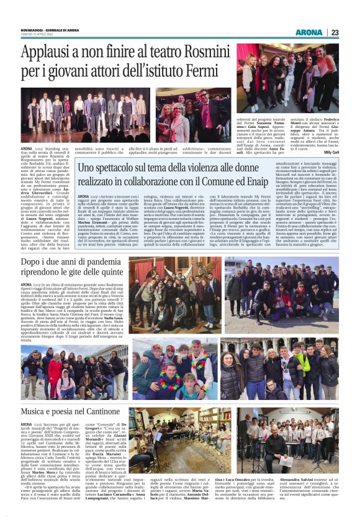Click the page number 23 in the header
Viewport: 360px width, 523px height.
[x=335, y=32]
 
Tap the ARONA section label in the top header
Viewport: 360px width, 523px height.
[x=308, y=32]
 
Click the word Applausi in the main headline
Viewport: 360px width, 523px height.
[x=49, y=53]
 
